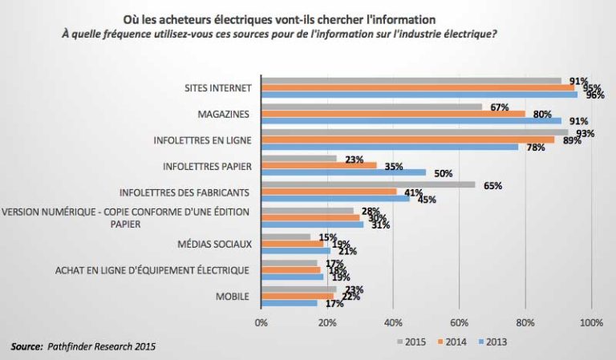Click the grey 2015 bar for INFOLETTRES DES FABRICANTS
368,184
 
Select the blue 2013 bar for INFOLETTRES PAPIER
343,172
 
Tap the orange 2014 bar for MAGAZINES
393,113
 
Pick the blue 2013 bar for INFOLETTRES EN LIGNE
390,147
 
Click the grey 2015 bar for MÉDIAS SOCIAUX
286,237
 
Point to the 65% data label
492,185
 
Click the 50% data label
443,172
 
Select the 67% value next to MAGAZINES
500,107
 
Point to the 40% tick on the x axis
392,323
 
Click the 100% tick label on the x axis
590,323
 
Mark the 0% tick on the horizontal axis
260,323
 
